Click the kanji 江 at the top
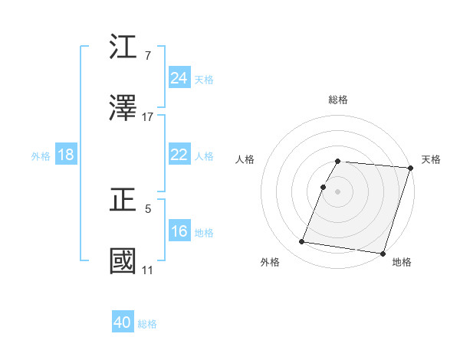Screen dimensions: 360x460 [x=123, y=49]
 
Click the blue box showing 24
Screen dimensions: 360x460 [x=179, y=78]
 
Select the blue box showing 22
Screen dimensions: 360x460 [x=179, y=155]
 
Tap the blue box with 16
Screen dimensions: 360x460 [x=179, y=231]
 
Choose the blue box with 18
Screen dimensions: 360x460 [x=65, y=155]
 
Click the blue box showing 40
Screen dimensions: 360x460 [x=123, y=322]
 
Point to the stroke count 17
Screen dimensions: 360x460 [x=148, y=117]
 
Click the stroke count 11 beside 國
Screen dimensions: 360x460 [x=147, y=270]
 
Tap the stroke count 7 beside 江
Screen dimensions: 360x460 [x=147, y=56]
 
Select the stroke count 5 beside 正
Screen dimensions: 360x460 [x=147, y=208]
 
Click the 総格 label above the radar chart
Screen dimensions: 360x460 [x=338, y=100]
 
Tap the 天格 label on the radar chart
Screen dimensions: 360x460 [x=431, y=159]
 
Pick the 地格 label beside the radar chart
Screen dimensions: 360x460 [x=402, y=262]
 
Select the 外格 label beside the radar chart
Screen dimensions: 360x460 [x=270, y=262]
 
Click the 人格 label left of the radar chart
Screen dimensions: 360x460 [x=245, y=159]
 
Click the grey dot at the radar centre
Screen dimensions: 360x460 [x=338, y=191]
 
